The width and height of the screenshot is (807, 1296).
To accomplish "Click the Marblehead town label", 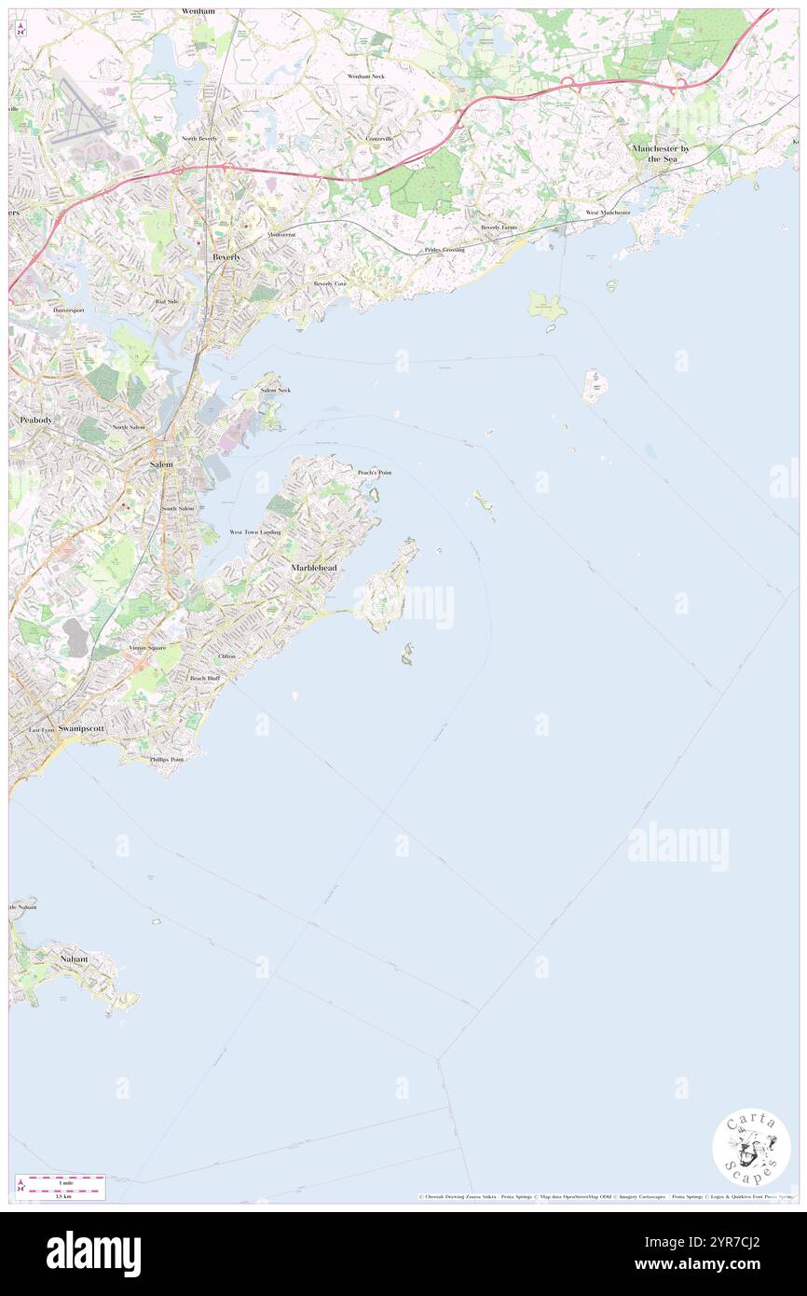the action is [x=313, y=567].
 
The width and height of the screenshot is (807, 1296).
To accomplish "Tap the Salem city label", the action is [x=161, y=463].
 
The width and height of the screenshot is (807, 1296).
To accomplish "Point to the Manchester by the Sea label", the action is [x=666, y=154].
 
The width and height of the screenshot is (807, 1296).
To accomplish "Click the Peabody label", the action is [x=35, y=421].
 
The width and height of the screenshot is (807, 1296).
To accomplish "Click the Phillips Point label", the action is [x=167, y=760].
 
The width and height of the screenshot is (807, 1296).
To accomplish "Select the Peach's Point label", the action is [x=375, y=473].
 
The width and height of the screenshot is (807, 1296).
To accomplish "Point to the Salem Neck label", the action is [x=275, y=390].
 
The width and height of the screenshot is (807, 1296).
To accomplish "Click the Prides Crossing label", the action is [x=444, y=250].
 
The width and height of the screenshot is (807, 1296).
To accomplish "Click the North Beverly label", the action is [x=199, y=138].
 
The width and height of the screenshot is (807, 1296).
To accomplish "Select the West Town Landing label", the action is [x=254, y=531].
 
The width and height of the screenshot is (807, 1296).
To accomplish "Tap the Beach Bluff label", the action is [x=204, y=678].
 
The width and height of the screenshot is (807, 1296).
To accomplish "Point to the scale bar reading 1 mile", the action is [x=61, y=1180].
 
